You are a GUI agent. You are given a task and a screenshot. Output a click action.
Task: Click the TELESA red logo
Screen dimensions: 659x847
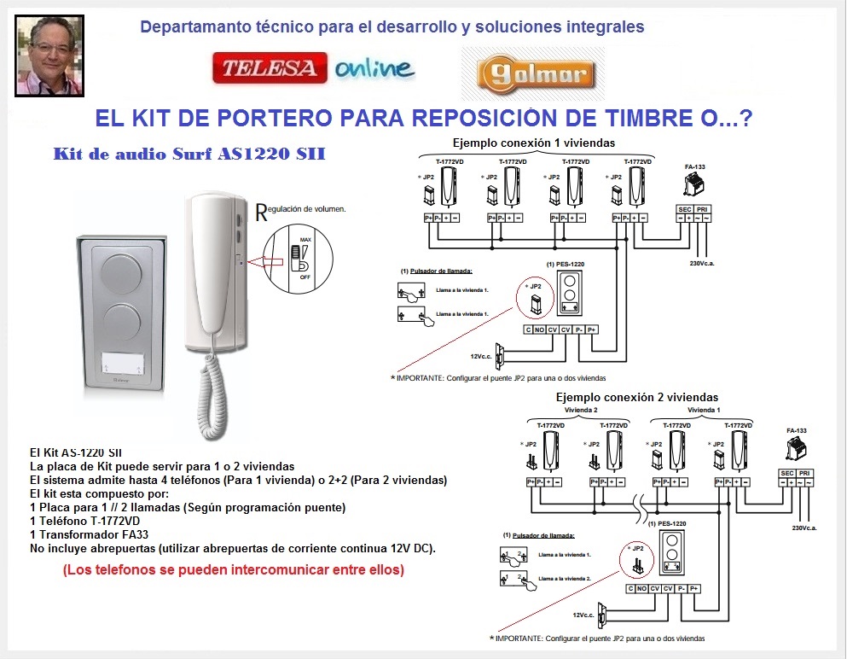coord(269,69)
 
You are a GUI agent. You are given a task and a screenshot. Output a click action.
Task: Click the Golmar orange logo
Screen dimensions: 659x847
coord(532,74)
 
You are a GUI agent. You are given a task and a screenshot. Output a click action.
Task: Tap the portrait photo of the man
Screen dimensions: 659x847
coord(50,55)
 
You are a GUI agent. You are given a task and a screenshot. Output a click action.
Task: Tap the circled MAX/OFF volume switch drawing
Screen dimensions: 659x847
coord(296,257)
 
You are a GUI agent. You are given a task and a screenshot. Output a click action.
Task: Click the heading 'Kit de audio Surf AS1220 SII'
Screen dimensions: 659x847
coord(188,155)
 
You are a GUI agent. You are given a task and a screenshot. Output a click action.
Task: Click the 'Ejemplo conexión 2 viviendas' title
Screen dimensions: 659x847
coord(636,397)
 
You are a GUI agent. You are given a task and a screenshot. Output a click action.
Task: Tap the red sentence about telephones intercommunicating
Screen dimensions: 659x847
coord(233,569)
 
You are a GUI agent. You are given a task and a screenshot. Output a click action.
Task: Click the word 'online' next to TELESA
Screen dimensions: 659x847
coord(374,69)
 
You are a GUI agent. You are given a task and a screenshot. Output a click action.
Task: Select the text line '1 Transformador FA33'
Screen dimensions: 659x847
coord(88,534)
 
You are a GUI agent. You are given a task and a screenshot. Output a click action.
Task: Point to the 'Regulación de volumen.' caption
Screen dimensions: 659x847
coord(300,207)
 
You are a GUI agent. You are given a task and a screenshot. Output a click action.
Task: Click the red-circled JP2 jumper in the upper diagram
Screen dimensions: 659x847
coord(535,298)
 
